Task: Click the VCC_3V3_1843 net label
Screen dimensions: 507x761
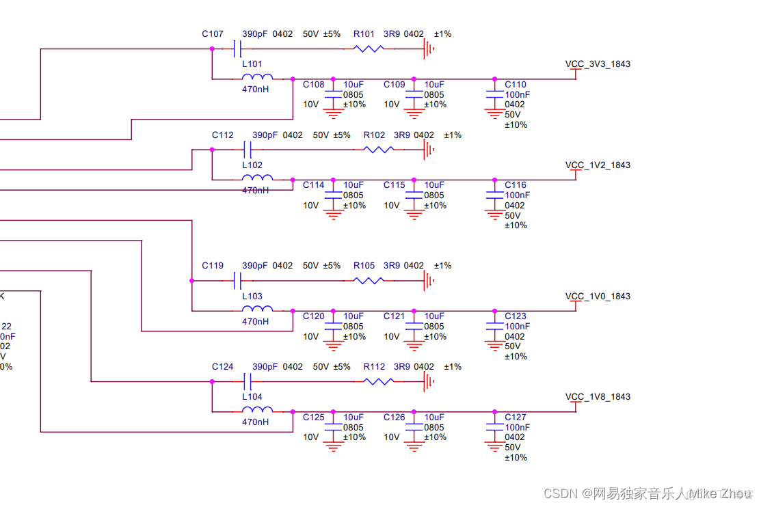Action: [598, 64]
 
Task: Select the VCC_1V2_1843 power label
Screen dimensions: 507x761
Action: [598, 165]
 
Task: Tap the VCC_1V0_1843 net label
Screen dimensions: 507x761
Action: [598, 297]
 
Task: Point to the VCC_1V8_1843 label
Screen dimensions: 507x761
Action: [598, 397]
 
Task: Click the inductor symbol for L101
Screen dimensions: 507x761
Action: [257, 77]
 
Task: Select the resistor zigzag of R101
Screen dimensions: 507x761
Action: [368, 49]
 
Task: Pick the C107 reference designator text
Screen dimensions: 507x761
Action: [213, 34]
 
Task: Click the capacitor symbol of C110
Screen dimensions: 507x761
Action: [494, 95]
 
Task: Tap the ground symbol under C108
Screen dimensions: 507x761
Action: [333, 113]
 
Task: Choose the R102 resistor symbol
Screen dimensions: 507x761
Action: [378, 150]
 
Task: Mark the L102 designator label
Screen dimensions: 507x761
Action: [252, 165]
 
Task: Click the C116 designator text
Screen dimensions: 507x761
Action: [516, 185]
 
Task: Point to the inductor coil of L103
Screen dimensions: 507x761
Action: [257, 310]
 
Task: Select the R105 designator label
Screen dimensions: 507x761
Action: [364, 266]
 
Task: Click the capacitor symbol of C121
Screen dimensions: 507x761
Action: [414, 327]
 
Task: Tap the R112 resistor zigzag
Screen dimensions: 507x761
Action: [378, 381]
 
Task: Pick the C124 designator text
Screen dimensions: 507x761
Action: [223, 367]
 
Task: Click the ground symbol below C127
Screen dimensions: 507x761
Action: [494, 448]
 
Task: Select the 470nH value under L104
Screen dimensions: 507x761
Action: [255, 422]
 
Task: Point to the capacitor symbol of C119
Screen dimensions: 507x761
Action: [238, 280]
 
